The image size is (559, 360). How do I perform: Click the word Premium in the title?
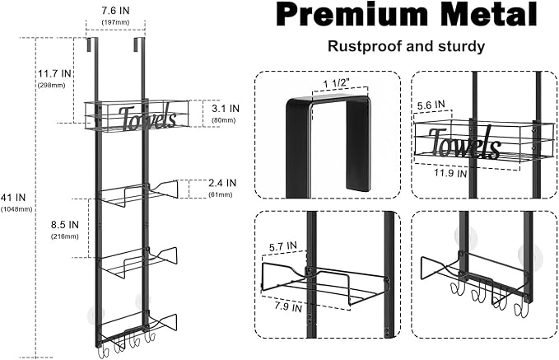coord(352,14)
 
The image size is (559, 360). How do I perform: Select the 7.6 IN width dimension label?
coord(115,11)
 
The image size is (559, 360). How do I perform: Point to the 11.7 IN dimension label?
coord(55,73)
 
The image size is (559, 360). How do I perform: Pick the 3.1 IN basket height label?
coord(226,108)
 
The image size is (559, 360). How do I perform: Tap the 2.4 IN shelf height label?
coord(222,183)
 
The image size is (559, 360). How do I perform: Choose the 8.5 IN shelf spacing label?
coord(64,225)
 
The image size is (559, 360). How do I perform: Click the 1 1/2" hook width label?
coord(337,84)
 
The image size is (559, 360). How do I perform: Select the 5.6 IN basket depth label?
coord(431,105)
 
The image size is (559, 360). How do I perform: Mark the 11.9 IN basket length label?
coord(450,173)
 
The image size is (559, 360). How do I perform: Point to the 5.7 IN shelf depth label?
coord(283,246)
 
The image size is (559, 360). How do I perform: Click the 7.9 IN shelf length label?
coord(287,306)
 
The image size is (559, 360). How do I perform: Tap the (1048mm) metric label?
coord(16,209)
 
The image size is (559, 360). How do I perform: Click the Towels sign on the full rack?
coord(147,117)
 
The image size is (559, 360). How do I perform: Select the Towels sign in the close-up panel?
coord(464,143)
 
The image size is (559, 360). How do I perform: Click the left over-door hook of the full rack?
coord(88,44)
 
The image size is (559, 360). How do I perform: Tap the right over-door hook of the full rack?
coord(136,44)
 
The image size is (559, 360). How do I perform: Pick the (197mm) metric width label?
coord(115,22)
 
